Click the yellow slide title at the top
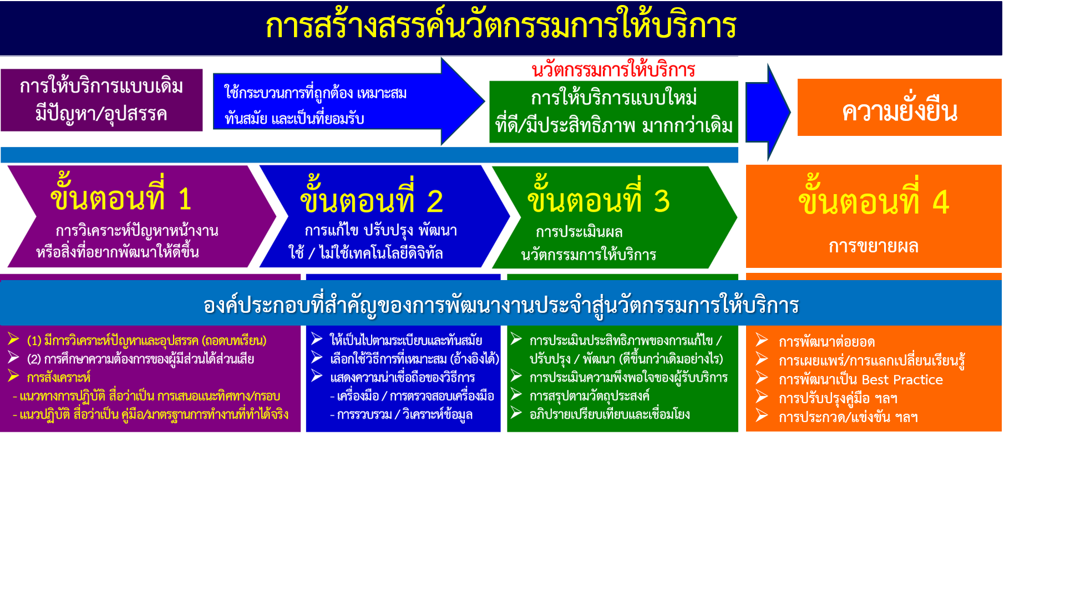point(501,26)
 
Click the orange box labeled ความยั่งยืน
point(899,107)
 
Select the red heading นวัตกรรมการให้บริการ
point(613,70)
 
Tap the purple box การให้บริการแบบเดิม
point(102,100)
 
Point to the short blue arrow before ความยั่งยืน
point(768,112)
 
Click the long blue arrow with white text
point(349,101)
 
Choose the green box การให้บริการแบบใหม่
point(613,112)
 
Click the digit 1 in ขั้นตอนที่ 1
point(185,199)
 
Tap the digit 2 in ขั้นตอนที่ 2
point(435,201)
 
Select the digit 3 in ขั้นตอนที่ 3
point(662,201)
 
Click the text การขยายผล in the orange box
point(874,246)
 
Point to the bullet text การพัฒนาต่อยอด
point(826,342)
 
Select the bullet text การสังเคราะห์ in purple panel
point(58,378)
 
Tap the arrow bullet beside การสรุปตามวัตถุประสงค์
point(516,394)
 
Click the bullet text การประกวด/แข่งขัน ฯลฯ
point(848,417)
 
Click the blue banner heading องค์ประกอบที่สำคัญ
point(501,305)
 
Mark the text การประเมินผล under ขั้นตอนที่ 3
point(579,232)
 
